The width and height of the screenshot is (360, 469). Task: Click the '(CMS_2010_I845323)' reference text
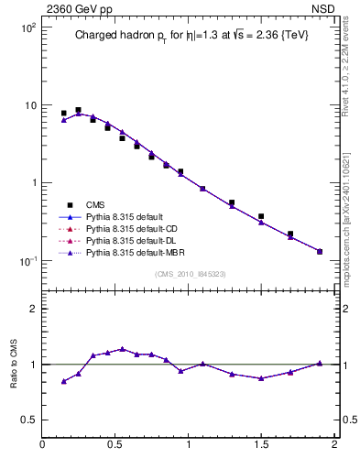click(x=189, y=273)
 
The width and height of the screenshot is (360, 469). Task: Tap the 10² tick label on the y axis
click(x=27, y=27)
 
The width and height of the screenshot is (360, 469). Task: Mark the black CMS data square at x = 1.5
click(x=261, y=216)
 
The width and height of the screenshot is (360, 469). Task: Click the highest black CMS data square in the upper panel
click(x=78, y=110)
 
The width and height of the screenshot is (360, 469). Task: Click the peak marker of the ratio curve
click(x=122, y=349)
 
